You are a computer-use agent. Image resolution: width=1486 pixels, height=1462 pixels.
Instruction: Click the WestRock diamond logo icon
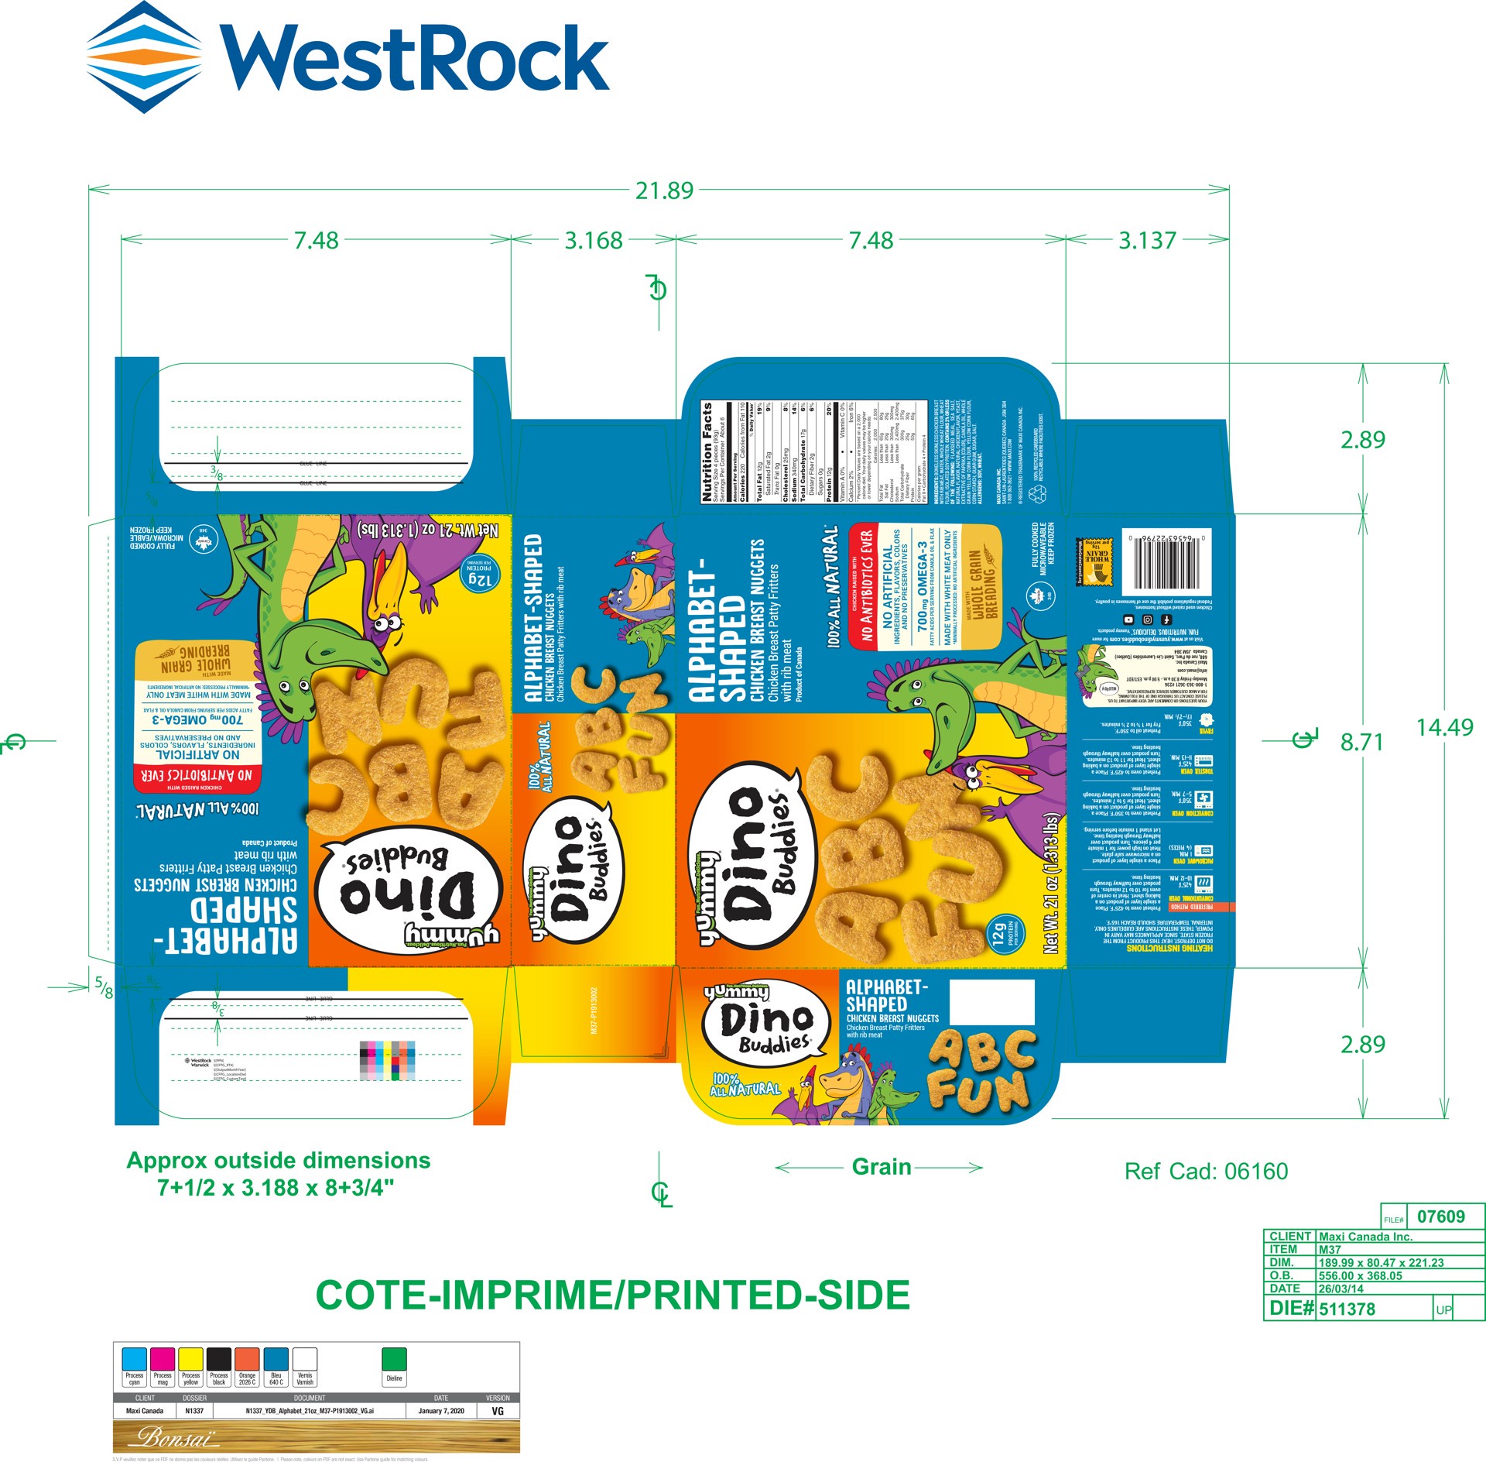coord(144,57)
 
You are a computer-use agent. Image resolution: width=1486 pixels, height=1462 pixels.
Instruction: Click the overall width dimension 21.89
coord(664,190)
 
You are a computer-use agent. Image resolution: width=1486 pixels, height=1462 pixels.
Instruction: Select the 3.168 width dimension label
coord(594,241)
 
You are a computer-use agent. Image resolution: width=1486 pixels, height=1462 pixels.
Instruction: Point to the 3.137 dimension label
coord(1147,241)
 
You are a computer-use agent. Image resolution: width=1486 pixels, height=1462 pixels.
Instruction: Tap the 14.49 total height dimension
coord(1444,728)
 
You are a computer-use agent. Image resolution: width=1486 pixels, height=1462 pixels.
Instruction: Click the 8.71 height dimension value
coord(1361,743)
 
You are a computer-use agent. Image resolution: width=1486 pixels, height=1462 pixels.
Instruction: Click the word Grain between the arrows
coord(881,1167)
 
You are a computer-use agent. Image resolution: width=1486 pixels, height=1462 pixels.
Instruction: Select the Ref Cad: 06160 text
coord(1206,1172)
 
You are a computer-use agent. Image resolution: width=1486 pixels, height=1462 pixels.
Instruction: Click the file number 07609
coord(1440,1217)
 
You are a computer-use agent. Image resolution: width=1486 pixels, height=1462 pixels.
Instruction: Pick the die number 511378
coord(1347,1309)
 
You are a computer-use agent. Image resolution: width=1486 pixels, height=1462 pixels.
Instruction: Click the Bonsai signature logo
coord(176,1438)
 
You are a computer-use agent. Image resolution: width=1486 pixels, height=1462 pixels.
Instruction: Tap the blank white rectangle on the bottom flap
coord(991,1002)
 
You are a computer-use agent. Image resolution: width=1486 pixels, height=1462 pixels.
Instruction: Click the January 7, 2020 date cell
coord(441,1411)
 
